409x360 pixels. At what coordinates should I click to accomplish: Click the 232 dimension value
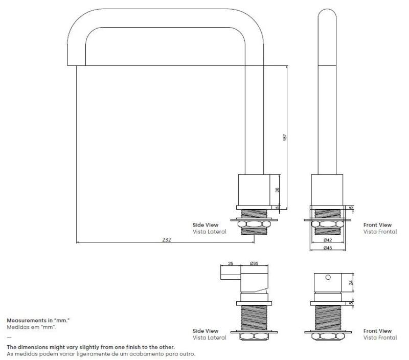coord(167,239)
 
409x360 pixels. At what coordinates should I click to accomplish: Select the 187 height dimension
coord(285,138)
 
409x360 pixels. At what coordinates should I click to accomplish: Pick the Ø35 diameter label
coord(254,264)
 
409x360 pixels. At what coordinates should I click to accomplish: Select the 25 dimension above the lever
coord(231,264)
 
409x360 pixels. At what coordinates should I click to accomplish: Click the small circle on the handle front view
coord(328,277)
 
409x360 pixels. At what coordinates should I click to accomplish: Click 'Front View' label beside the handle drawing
coord(377,331)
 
